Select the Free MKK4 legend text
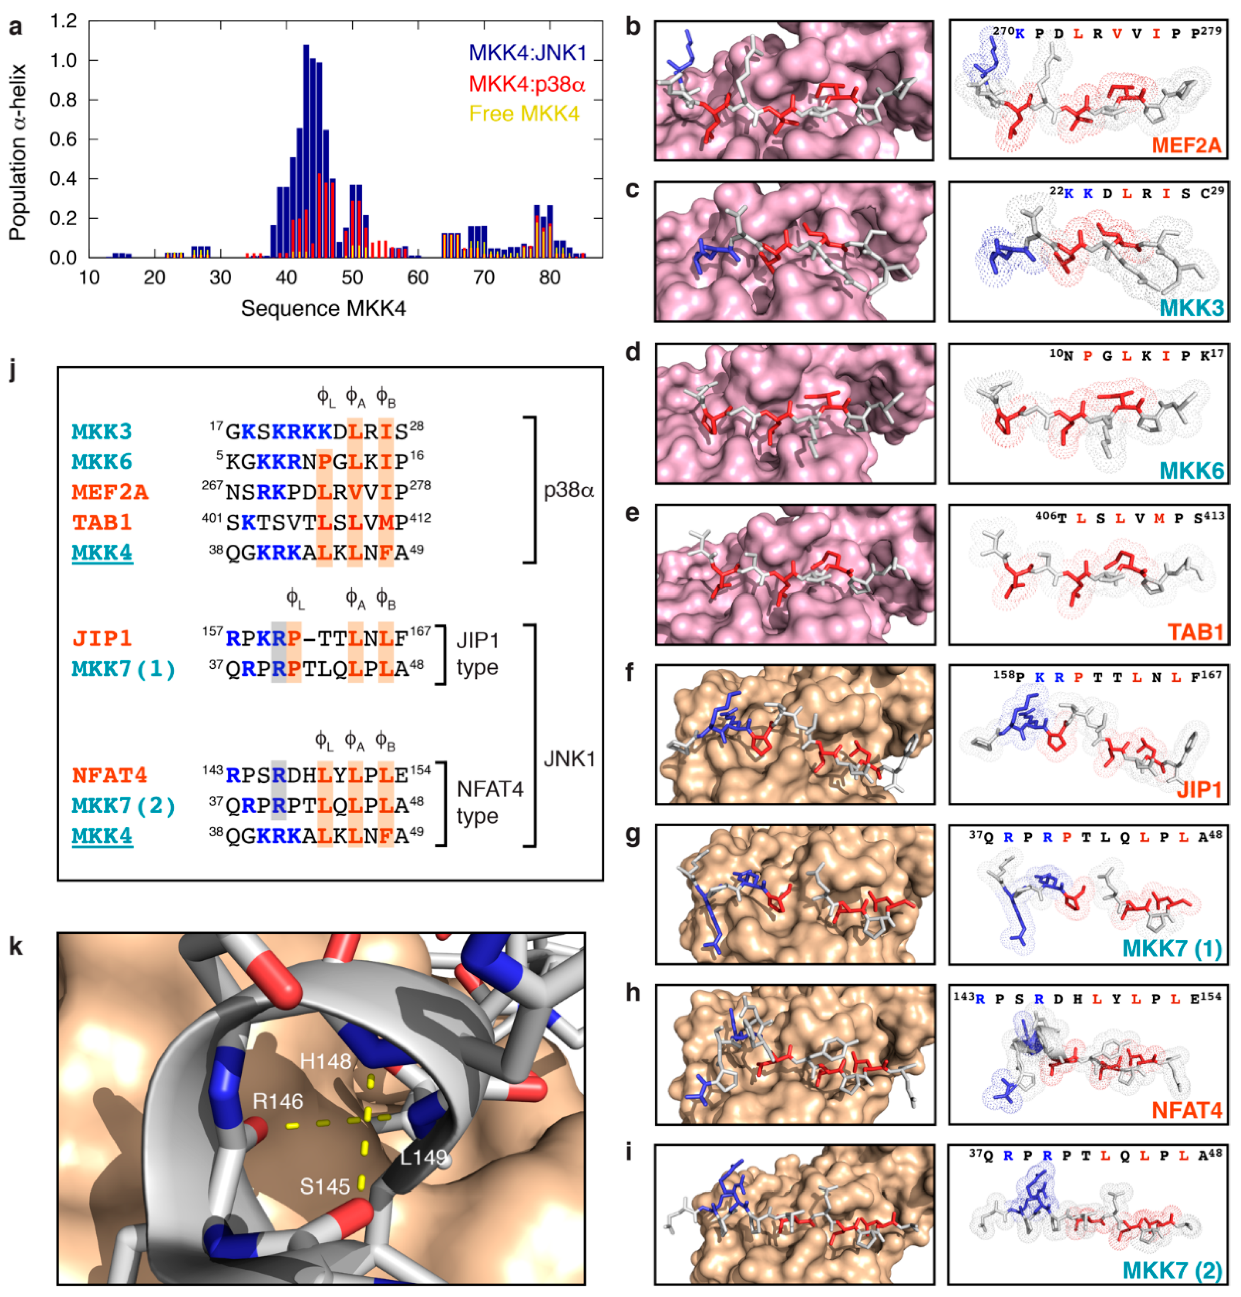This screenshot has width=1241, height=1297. pos(524,114)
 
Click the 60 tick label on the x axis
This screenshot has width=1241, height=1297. pos(417,278)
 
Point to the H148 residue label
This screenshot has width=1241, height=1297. pos(325,1062)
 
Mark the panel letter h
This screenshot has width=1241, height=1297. pos(633,993)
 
